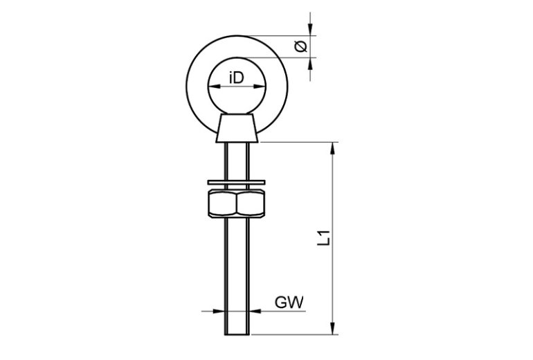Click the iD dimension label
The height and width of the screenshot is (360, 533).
pos(237,78)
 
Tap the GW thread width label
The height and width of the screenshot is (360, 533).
pos(289,303)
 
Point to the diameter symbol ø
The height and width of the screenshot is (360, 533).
pos(301,46)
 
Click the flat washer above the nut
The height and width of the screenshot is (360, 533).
pos(236,183)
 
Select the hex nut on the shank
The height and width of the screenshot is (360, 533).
pos(237,204)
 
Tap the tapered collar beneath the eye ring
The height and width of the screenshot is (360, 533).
pos(237,128)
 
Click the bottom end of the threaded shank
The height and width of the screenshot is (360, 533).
pos(237,334)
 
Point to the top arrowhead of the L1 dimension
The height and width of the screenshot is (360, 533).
pos(333,148)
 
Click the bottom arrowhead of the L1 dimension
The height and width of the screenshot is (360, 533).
pos(333,328)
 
